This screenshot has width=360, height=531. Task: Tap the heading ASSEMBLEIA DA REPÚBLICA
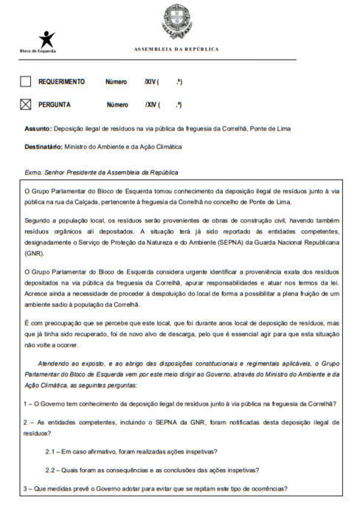[x=179, y=49]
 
